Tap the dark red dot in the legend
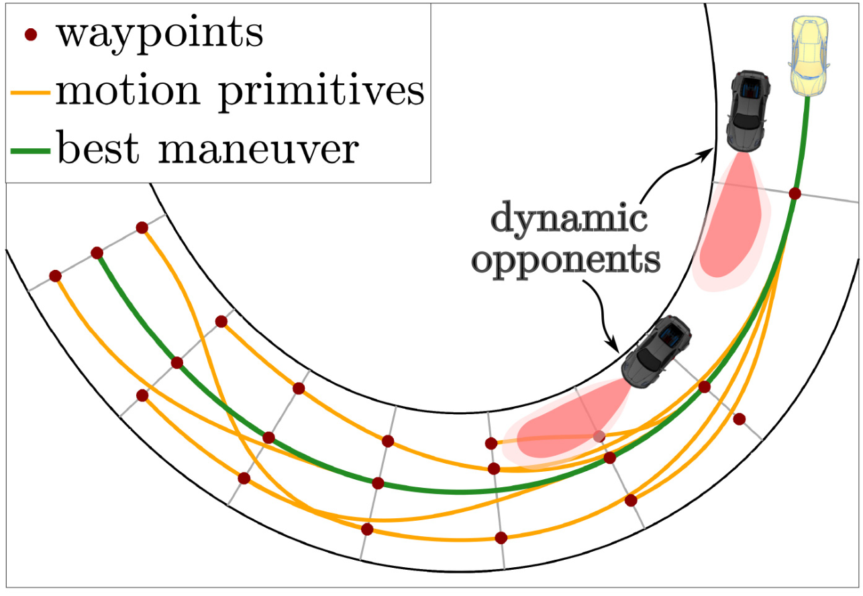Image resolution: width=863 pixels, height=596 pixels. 30,35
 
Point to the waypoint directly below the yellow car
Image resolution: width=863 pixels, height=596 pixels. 795,193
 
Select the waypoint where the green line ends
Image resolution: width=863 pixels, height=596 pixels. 97,253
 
